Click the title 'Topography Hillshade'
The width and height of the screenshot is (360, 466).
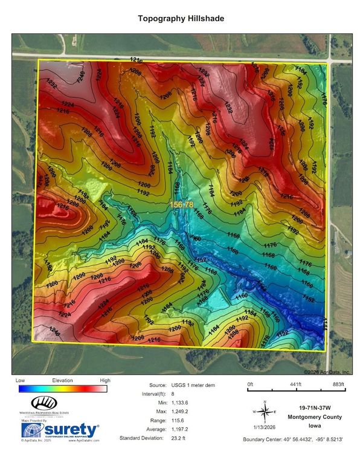pos(181,19)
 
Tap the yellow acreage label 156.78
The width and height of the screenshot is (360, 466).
pos(181,205)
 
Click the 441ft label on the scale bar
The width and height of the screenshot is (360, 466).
pos(295,384)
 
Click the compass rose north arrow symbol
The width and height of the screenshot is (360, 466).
pos(264,412)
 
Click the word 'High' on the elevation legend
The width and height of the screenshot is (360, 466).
pos(105,380)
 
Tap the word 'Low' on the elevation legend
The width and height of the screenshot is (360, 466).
pos(20,380)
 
